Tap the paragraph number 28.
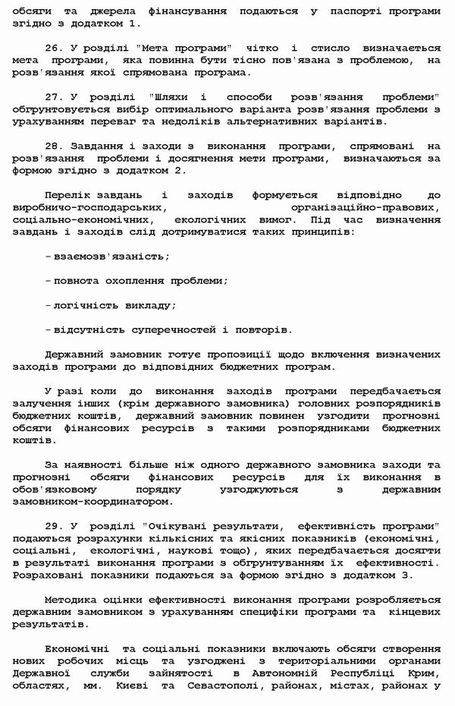(x=52, y=146)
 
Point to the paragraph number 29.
(x=52, y=525)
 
